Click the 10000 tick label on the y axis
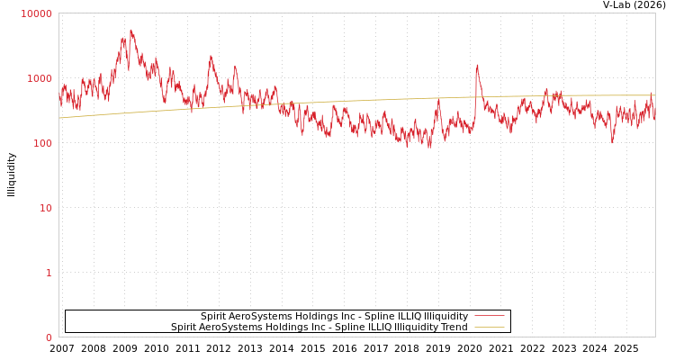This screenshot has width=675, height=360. coord(36,13)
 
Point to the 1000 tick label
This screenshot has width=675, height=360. coord(39,78)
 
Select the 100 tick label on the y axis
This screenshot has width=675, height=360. coord(41,143)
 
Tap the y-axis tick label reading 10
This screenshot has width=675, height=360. coord(45,208)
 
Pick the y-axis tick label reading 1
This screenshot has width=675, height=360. coord(49,273)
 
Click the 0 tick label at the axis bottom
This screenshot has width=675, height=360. coord(49,337)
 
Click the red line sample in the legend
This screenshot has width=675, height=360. coord(489,316)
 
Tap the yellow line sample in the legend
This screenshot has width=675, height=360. coord(489,327)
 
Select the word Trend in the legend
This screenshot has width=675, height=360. coord(453,327)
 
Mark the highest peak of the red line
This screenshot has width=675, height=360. coord(130,30)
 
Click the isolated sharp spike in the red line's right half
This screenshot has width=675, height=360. coord(477,65)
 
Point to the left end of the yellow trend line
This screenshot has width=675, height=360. coord(59,118)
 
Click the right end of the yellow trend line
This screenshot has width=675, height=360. coord(654,95)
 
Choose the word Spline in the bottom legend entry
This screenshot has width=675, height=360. coord(343,327)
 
